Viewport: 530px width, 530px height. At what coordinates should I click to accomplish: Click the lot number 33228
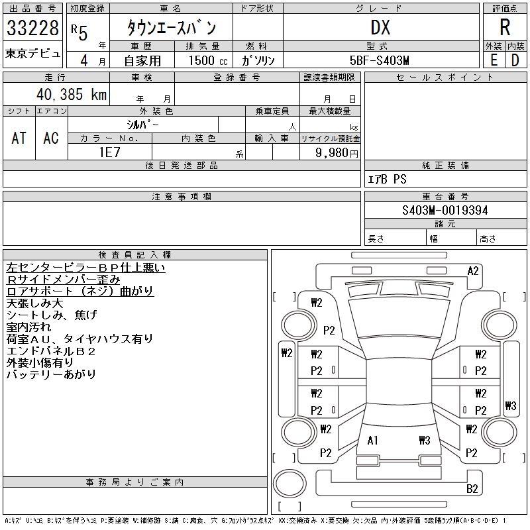32,29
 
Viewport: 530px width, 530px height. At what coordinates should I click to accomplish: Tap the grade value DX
380,28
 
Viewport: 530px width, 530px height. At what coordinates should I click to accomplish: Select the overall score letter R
505,27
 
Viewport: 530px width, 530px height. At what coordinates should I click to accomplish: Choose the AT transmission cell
19,138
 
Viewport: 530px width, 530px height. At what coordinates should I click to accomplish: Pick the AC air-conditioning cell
51,138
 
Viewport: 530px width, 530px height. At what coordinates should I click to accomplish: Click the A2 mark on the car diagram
473,270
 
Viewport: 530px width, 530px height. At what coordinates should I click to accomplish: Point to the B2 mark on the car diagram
472,489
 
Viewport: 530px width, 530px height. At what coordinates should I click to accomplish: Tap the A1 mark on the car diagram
373,441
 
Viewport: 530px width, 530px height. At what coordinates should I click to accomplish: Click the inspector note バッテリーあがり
51,374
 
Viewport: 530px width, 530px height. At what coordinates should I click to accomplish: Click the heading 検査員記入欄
134,255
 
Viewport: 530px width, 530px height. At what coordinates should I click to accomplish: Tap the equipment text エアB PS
388,179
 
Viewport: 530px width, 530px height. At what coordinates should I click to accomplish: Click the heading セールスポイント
445,78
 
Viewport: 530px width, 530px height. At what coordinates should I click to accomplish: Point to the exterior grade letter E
494,60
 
